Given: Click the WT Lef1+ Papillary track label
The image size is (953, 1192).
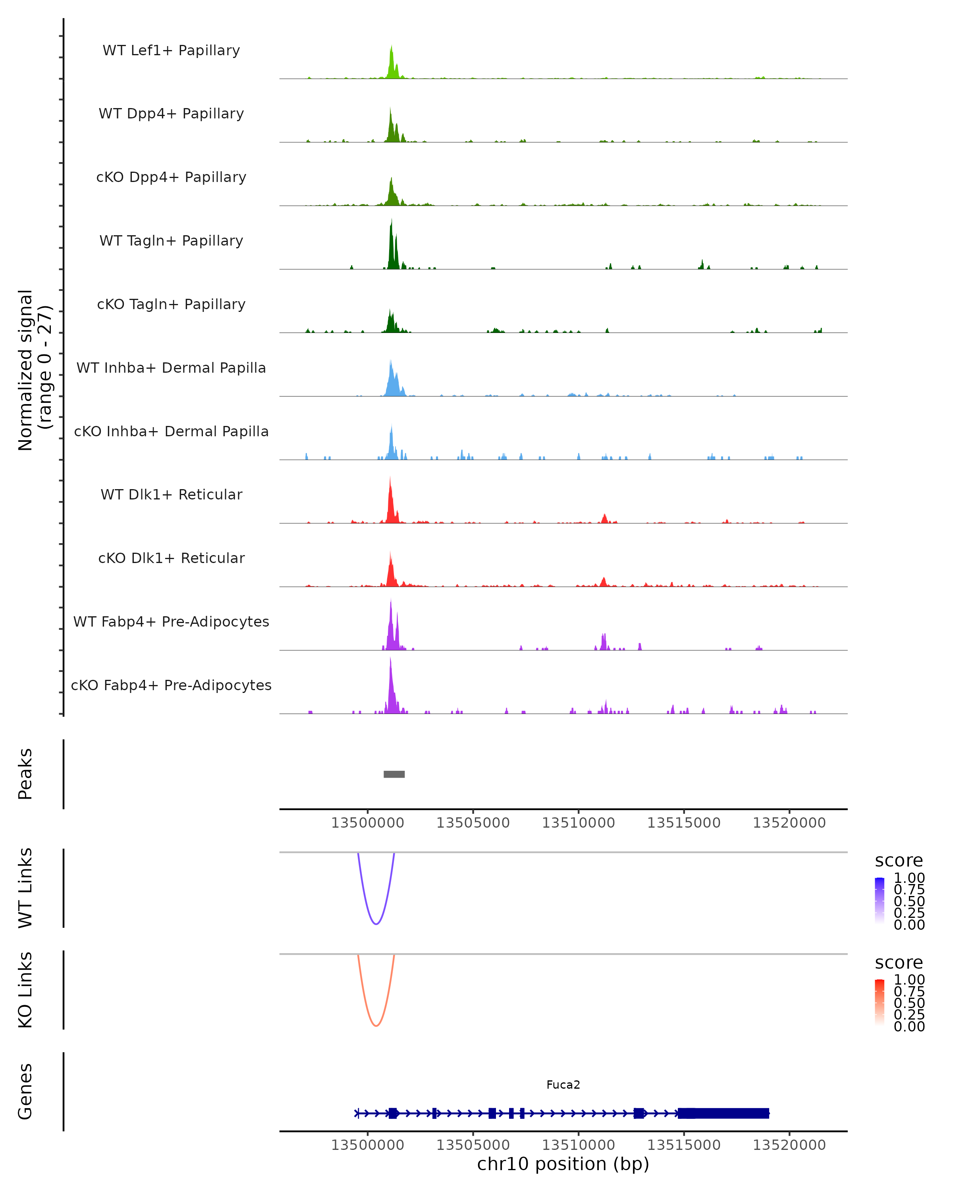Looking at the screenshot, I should pos(171,50).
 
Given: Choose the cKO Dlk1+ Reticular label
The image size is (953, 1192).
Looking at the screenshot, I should pos(171,558).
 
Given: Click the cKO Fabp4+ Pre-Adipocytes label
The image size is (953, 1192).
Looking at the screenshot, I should pos(171,685).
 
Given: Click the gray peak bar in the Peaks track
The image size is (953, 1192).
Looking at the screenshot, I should pos(394,774).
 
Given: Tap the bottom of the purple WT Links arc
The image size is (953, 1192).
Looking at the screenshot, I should pos(376,924).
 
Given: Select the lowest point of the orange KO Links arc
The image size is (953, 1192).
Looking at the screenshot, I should pos(376,1026).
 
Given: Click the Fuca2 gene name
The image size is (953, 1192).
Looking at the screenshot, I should pos(563,1085).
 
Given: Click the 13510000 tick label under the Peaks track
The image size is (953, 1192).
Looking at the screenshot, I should pos(579,823).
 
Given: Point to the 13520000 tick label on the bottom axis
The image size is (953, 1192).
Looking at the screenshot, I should pos(789,1146).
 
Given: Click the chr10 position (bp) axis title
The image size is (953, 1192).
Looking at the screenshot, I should pos(563,1164).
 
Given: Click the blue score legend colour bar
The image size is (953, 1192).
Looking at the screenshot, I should pos(880,900).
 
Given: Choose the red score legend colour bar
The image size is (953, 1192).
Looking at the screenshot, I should pos(880,1001).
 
